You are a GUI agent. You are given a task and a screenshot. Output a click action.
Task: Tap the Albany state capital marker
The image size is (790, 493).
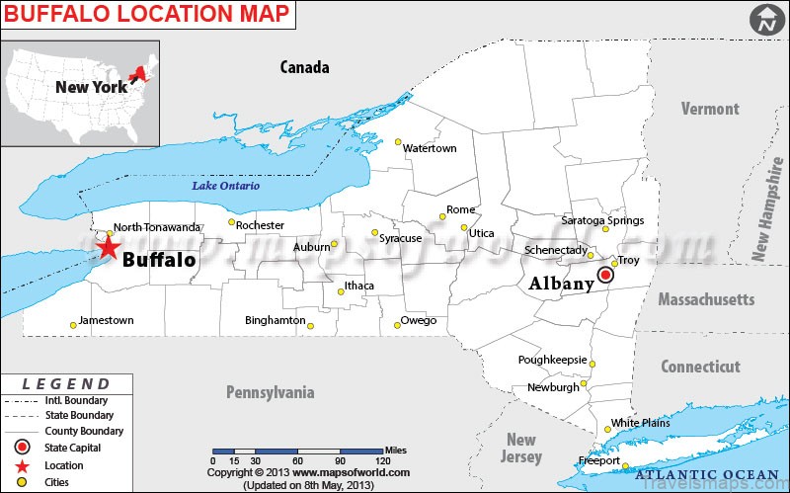coord(606,279)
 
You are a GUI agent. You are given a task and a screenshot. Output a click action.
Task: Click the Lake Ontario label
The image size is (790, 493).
coord(226,186)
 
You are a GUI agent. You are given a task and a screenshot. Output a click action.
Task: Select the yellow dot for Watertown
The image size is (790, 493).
coord(399,140)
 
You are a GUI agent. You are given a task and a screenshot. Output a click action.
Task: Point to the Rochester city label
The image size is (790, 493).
coord(260,225)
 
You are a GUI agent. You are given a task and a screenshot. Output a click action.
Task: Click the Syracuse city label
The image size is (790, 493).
coord(401,238)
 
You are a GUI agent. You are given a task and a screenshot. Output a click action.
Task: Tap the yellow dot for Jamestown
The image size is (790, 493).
coord(73,325)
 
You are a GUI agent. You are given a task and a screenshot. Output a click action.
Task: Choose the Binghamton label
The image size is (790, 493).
coord(275,320)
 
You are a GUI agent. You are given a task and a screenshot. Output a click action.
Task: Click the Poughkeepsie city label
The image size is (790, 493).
coord(552,360)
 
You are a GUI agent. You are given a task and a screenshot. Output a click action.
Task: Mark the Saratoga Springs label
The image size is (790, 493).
coord(602,220)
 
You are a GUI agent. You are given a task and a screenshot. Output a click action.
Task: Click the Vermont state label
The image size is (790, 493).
coord(709,109)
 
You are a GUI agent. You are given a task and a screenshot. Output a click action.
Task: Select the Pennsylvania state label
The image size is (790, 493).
coord(270,392)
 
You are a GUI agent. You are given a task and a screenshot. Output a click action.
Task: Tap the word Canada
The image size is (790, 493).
coord(304,67)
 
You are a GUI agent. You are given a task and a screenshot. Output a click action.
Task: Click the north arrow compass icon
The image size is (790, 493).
coord(763,18)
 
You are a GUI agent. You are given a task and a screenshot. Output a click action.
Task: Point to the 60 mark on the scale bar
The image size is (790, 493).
coord(296,460)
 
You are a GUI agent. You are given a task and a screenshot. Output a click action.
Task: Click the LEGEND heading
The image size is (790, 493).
coord(66,383)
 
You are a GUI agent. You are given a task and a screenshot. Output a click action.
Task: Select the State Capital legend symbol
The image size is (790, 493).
coord(21,449)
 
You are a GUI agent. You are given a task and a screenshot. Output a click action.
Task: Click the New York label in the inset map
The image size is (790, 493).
coord(91,87)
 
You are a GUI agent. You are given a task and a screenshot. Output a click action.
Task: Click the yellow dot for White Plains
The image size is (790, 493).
coord(607,430)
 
